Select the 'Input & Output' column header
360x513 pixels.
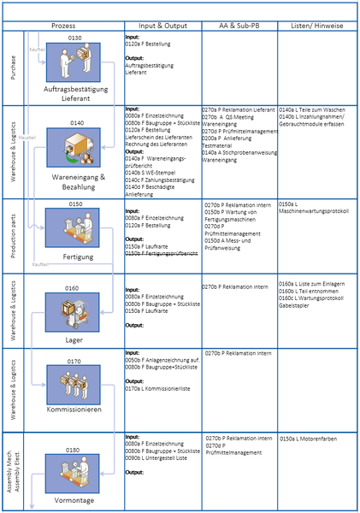pyautogui.click(x=162, y=26)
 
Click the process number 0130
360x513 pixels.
pyautogui.click(x=74, y=39)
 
